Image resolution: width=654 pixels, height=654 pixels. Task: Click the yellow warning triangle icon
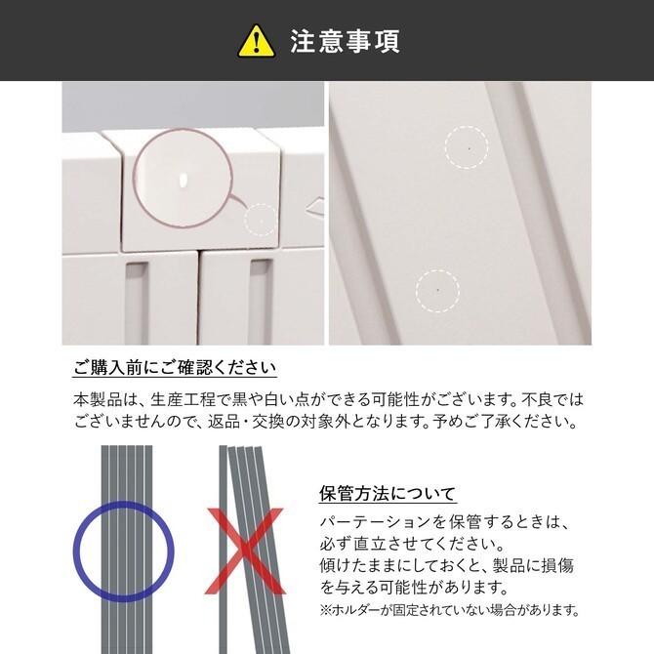tap(257, 41)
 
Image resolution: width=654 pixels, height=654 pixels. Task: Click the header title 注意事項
tap(345, 41)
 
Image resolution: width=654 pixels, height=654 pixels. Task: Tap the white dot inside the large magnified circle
tap(183, 181)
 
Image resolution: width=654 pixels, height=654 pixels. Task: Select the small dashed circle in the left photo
tap(259, 221)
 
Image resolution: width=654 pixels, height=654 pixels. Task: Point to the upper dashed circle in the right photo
tap(467, 147)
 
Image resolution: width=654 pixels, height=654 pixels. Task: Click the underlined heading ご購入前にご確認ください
tap(175, 369)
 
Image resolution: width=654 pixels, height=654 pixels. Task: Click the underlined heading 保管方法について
tap(388, 493)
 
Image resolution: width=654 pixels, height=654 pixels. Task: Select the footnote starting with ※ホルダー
tap(449, 610)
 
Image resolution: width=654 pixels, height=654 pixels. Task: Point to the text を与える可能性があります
tap(413, 588)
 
